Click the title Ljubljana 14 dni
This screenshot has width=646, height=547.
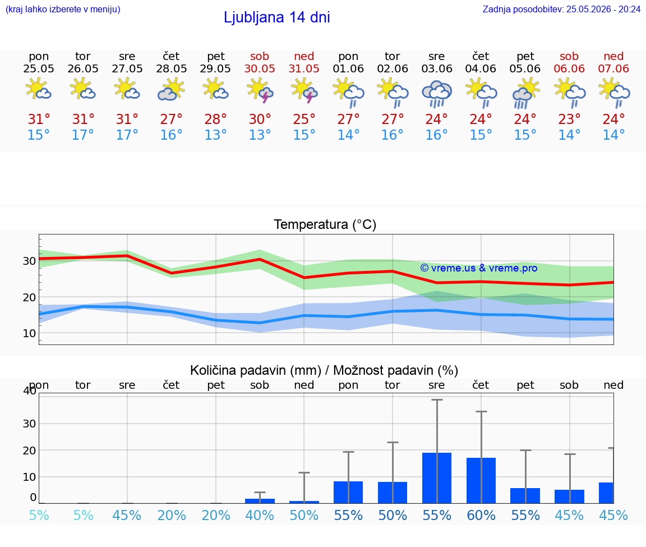point(276,17)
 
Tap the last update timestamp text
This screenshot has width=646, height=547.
point(561,9)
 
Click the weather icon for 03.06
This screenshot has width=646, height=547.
point(437,94)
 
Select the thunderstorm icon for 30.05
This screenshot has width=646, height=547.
point(260,90)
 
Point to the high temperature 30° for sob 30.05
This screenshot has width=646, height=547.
point(260,119)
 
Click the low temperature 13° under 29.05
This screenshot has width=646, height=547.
point(215,135)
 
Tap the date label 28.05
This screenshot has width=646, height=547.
point(172,68)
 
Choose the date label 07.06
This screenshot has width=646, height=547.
point(613,68)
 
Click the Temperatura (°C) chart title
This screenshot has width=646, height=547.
point(325,224)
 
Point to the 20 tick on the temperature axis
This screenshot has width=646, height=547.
point(29,297)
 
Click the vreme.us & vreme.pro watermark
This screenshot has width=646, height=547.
point(479,268)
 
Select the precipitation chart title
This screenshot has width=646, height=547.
point(324,370)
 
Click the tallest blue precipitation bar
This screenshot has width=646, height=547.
point(437,478)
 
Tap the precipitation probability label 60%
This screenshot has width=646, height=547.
point(481,515)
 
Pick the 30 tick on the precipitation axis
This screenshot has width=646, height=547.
point(29,424)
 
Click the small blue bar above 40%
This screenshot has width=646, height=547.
point(260,501)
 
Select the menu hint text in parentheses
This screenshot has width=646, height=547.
point(63,9)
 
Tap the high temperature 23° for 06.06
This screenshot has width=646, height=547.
point(569,119)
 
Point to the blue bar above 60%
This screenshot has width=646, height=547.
point(481,480)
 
